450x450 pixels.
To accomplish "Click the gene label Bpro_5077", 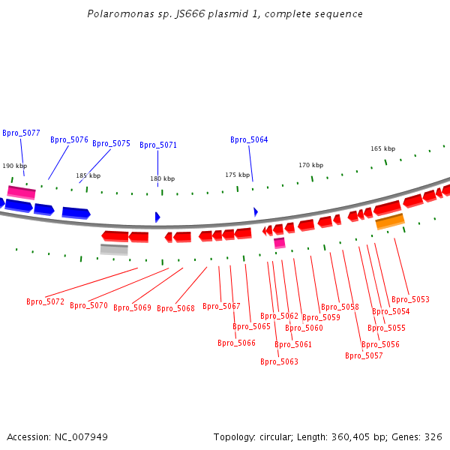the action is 21,133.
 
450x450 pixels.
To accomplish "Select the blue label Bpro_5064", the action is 249,139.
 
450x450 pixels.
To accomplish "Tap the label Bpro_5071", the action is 158,145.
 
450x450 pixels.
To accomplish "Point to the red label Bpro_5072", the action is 45,301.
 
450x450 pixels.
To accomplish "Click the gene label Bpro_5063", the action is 279,361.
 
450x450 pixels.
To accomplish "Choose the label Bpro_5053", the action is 410,299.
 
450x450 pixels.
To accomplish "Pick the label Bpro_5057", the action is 364,355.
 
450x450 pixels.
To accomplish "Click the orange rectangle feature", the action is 390,221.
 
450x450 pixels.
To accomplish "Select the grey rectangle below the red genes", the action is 114,250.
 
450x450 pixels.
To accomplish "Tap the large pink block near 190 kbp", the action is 22,193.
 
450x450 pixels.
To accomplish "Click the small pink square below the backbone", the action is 280,243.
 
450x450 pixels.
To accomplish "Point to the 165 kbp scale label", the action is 382,148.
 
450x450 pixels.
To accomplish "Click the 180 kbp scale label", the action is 163,178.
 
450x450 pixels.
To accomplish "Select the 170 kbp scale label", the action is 310,165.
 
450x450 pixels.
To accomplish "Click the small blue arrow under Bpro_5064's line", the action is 256,212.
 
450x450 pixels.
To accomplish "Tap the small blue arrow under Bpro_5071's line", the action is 157,217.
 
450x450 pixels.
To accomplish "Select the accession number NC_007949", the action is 81,437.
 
